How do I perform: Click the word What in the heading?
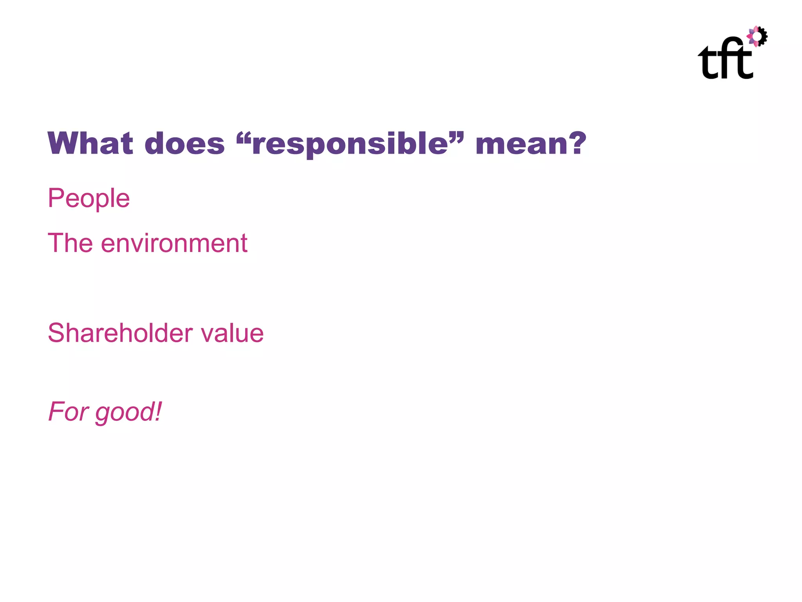(90, 143)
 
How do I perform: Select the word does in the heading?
(184, 143)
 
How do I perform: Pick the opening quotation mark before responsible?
(244, 137)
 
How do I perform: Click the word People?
(89, 198)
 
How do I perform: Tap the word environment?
(174, 243)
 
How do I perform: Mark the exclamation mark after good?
(158, 411)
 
